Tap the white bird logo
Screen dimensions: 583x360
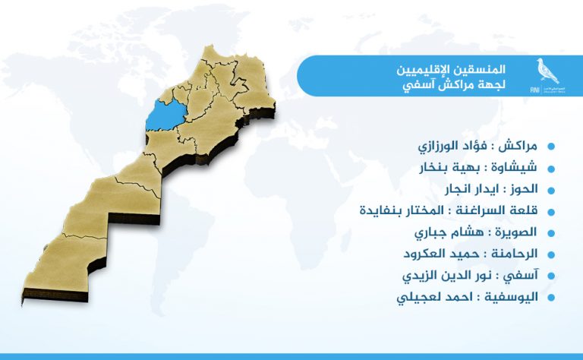(x=547, y=71)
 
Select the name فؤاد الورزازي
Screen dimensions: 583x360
(x=452, y=146)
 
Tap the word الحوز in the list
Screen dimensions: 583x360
(x=524, y=188)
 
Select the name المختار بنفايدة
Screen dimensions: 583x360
(x=402, y=210)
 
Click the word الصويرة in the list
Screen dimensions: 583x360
(x=516, y=232)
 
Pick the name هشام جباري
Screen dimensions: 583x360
(x=449, y=232)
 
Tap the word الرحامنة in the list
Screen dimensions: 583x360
(x=514, y=254)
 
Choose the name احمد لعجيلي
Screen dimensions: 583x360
(x=435, y=298)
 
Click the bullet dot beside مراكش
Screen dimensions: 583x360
(x=551, y=146)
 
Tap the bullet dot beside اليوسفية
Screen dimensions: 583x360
(x=551, y=298)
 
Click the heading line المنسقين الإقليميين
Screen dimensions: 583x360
(x=451, y=69)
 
